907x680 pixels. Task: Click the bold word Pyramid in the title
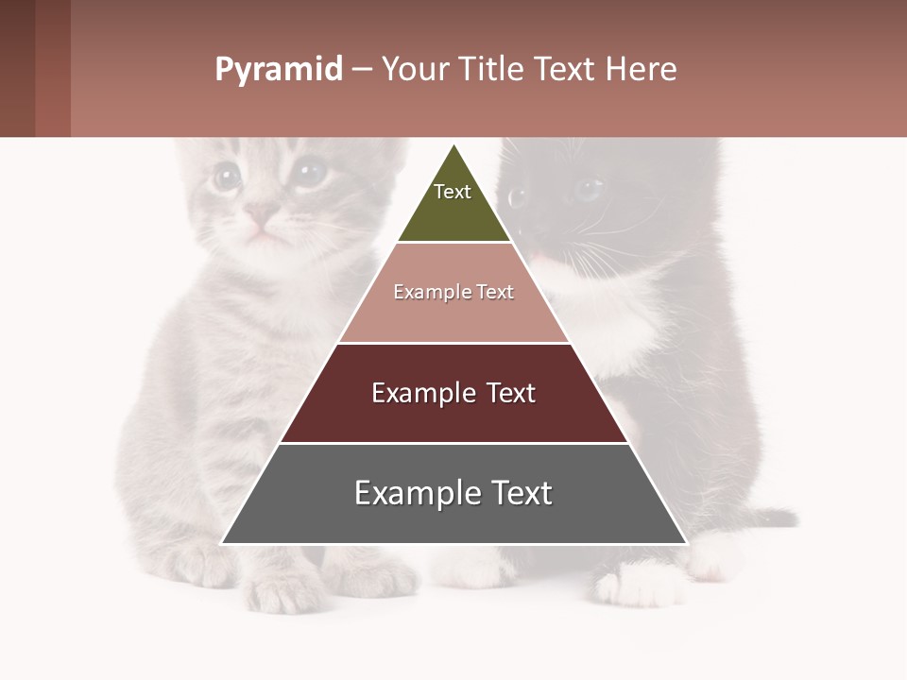[279, 70]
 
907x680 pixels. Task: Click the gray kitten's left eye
[226, 176]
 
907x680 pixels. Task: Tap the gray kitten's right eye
[308, 172]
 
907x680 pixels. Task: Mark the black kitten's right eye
[517, 196]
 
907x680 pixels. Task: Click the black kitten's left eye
[588, 189]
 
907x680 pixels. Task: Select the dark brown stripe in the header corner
[17, 68]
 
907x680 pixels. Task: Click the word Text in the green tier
[453, 192]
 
